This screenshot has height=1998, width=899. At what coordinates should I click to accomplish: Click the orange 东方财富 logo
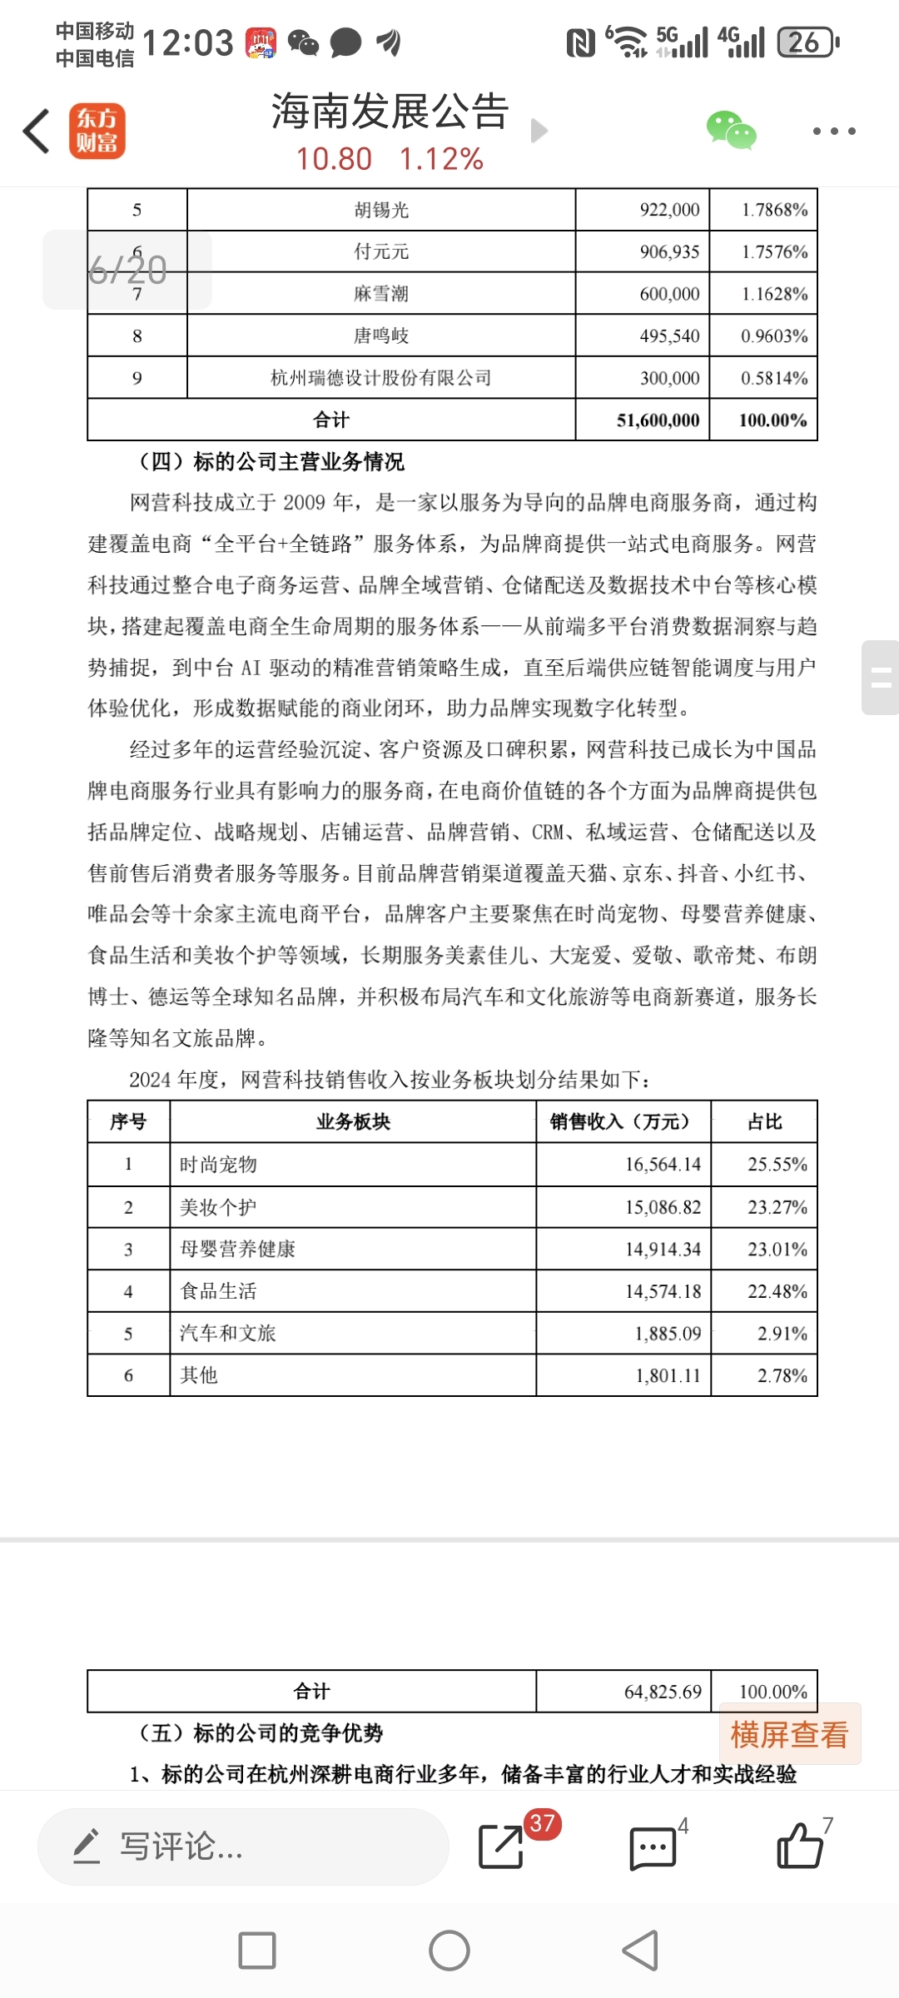(x=97, y=131)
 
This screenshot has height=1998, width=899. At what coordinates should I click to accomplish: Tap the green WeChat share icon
(x=731, y=131)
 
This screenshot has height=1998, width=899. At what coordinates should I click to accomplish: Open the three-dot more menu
(x=834, y=131)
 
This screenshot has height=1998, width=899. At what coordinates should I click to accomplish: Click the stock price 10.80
(x=334, y=158)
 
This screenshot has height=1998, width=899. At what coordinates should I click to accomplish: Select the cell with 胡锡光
(x=381, y=210)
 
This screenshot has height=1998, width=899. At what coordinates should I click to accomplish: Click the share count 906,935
(x=669, y=251)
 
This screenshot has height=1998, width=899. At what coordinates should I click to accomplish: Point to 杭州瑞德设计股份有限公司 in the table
(x=381, y=378)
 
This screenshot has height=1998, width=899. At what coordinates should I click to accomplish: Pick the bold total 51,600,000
(x=658, y=420)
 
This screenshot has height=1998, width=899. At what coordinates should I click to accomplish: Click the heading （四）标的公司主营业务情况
(x=271, y=461)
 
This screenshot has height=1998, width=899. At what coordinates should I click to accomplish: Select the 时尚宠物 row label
(x=219, y=1164)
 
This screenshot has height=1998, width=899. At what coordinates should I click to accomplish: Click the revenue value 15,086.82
(x=663, y=1207)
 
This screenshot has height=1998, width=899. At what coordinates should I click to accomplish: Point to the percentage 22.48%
(x=777, y=1291)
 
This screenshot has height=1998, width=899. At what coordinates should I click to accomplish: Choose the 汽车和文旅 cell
(x=228, y=1333)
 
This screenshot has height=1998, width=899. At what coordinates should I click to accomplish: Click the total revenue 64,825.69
(x=663, y=1692)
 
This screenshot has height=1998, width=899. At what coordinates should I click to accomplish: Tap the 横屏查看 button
(x=789, y=1735)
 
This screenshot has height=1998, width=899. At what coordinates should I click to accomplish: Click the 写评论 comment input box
(x=243, y=1846)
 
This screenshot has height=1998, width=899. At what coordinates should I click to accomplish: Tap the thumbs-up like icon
(x=799, y=1846)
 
